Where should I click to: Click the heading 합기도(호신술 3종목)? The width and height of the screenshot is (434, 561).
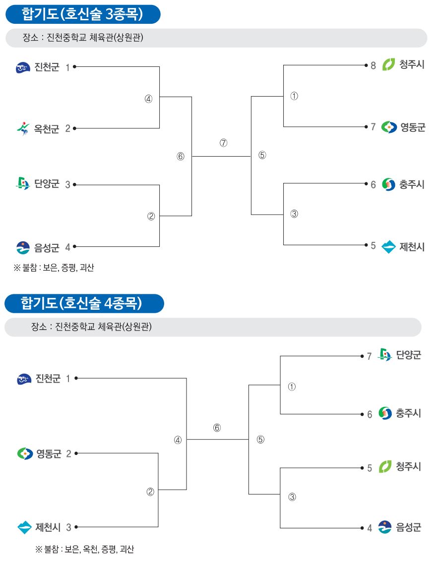82,14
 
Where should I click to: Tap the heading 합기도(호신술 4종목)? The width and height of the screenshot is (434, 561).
81,303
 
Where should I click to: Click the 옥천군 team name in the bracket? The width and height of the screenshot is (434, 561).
46,128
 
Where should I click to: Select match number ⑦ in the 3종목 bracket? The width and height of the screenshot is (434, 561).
223,143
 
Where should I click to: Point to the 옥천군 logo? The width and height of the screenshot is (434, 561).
23,128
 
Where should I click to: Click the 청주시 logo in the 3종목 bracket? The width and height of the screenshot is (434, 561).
388,64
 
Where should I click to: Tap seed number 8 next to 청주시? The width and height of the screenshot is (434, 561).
373,65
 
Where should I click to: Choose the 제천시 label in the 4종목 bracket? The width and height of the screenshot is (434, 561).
48,527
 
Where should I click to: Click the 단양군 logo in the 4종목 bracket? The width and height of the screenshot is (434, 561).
384,354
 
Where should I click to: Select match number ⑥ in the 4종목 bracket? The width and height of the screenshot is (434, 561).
217,428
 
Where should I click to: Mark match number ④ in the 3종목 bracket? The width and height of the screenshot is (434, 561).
149,99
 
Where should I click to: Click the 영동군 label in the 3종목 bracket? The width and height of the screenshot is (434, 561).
413,127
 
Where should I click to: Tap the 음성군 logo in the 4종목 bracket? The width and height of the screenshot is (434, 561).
385,527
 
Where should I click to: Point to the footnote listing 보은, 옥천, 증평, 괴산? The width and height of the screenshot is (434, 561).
84,549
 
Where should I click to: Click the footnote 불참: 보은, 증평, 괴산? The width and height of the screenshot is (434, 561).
54,268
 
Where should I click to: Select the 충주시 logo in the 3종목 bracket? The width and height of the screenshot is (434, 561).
388,184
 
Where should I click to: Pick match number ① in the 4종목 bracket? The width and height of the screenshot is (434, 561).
292,387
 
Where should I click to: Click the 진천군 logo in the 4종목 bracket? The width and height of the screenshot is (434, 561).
24,379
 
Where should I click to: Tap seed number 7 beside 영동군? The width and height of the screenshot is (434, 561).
373,127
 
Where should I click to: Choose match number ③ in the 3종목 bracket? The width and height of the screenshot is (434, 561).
294,214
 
